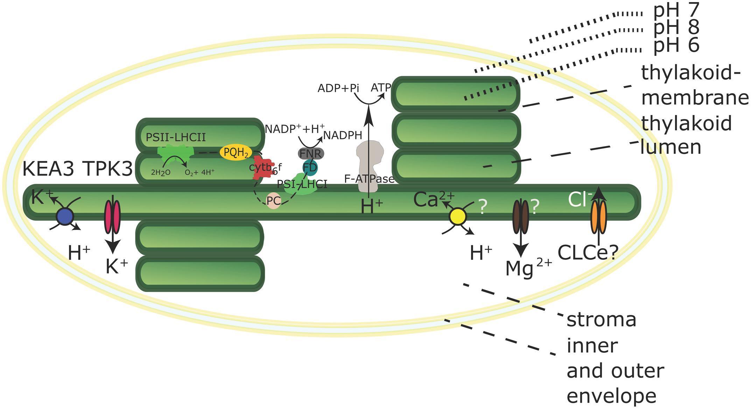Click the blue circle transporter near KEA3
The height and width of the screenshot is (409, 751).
coord(65,217)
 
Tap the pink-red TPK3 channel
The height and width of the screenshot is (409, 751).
coord(113,217)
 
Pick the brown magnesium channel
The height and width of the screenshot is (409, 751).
coord(521,217)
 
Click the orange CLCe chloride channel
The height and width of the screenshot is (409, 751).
coord(599,217)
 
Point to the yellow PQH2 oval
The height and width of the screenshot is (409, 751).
coord(236,153)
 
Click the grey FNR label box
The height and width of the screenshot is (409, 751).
coord(311,153)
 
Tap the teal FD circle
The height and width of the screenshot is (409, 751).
coord(310,168)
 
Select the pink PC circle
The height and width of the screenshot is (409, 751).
coord(273,201)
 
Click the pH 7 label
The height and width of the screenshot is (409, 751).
coord(676,11)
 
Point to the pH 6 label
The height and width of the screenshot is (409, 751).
coord(676,45)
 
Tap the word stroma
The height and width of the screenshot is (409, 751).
coord(601,320)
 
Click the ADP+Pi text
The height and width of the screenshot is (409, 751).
coord(338,88)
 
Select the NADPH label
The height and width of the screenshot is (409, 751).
coord(342,135)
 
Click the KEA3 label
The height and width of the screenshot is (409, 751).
coord(48,170)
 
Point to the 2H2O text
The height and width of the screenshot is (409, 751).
coord(161,172)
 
